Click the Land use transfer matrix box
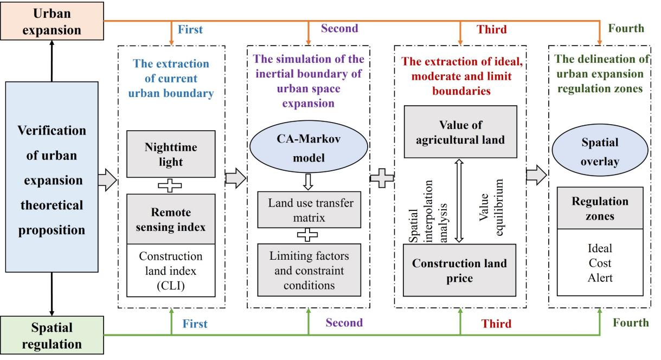click(310, 211)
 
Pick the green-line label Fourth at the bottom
click(631, 323)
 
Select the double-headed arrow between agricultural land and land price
click(460, 201)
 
